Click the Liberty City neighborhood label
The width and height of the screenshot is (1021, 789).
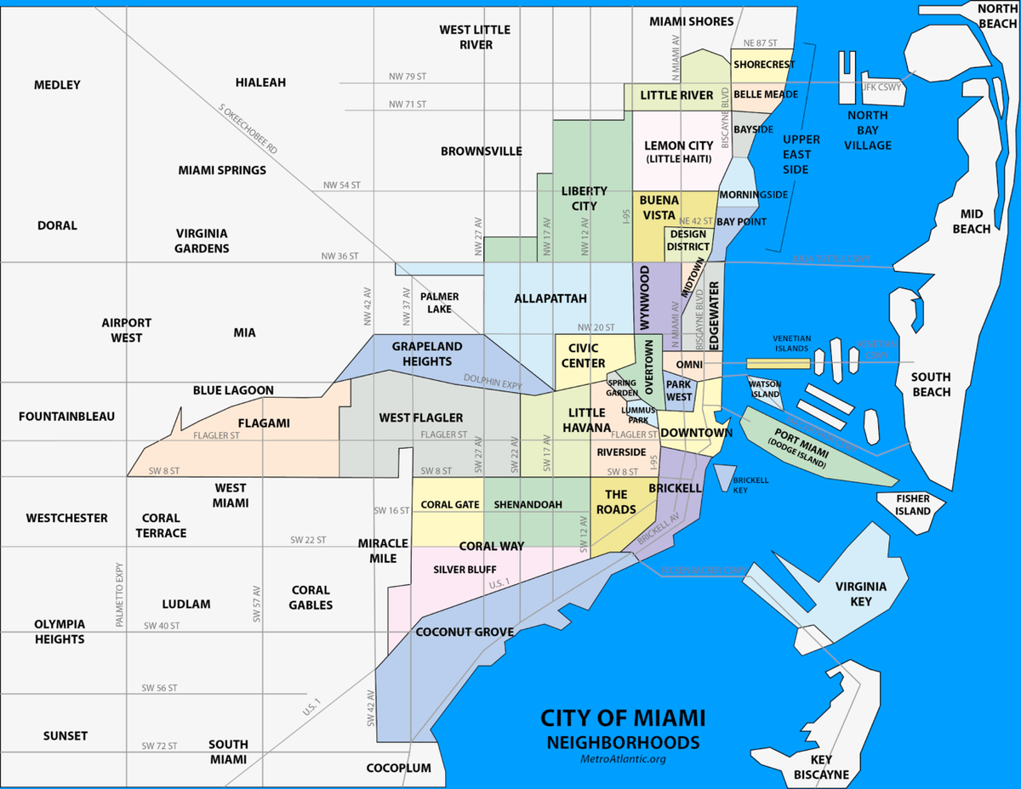coord(584,198)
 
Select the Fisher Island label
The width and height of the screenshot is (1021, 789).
coord(913,505)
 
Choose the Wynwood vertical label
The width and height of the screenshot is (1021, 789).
coord(645,298)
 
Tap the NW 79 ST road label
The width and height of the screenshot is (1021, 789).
coord(407,77)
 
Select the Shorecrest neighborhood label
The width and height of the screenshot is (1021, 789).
coord(763,65)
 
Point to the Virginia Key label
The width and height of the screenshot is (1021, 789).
coord(861,593)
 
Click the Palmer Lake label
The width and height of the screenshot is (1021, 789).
coord(440,303)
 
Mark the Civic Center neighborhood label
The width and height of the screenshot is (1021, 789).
coord(583,355)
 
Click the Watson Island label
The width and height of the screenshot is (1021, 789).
coord(764,389)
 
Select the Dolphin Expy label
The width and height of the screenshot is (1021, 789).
coord(493,383)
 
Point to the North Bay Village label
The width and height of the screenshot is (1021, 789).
coord(868,130)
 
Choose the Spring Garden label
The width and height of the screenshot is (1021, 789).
coord(622,388)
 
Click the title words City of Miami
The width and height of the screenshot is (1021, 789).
coord(623,718)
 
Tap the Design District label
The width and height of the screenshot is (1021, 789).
coord(688,241)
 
